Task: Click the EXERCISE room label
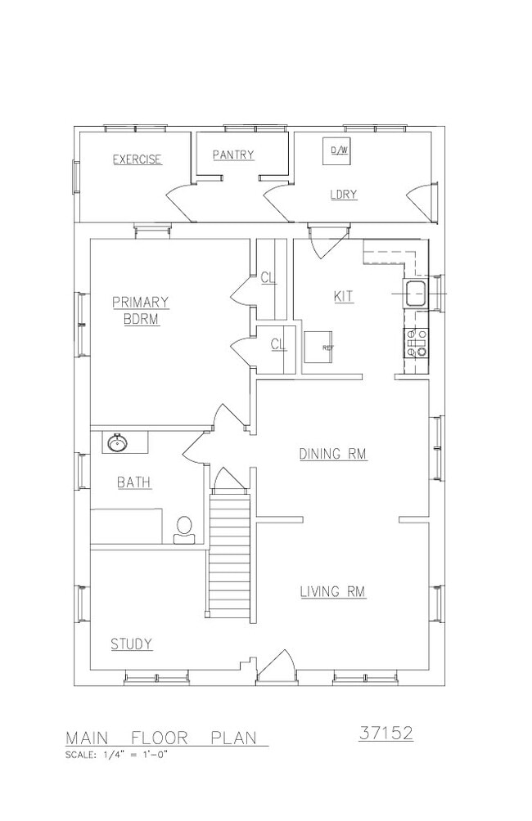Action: point(138,159)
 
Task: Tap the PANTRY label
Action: point(233,155)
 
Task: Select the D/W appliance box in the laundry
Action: point(336,150)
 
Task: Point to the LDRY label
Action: point(343,195)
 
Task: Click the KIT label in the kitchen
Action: point(343,296)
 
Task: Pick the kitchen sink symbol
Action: point(416,294)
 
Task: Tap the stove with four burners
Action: point(416,343)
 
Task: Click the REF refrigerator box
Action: point(318,348)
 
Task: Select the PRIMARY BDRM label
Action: point(141,311)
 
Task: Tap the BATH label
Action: point(134,482)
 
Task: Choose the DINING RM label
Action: point(333,454)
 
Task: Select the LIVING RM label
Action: point(333,592)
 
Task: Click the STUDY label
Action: point(132,644)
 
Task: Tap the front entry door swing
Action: point(277,666)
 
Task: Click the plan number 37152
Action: point(386,733)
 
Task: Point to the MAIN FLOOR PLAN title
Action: point(161,738)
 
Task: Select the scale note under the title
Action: point(116,755)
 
